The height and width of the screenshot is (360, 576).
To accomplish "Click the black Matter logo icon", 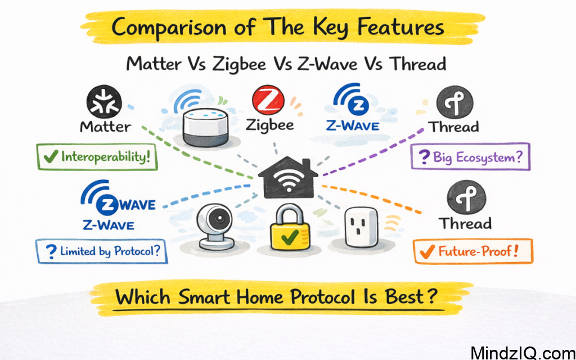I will pos(104,101).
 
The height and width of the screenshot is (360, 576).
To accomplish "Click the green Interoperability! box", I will pos(97,157).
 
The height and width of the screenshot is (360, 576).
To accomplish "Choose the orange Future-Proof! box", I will pos(472,251).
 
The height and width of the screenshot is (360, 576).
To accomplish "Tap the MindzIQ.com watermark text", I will pos(523,352).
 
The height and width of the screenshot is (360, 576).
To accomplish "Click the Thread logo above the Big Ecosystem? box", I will pos(454,101).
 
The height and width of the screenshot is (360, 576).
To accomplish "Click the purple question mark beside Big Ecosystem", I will pos(425,157).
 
